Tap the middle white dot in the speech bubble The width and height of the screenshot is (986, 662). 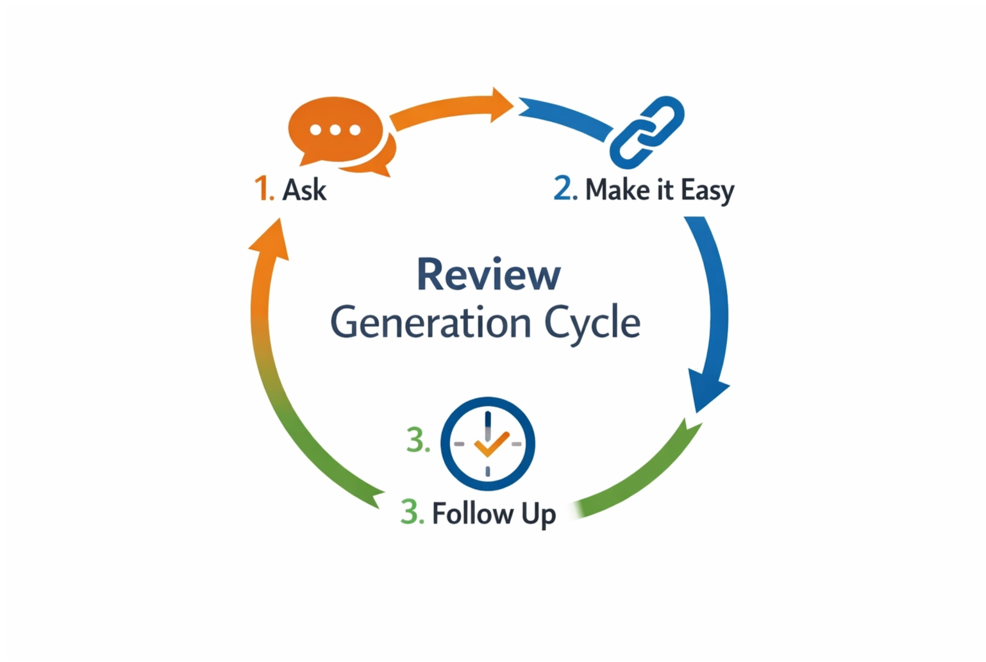(x=335, y=130)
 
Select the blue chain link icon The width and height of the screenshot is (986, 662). (x=646, y=131)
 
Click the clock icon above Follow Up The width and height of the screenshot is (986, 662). (x=488, y=443)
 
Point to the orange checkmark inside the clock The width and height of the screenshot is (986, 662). (x=490, y=444)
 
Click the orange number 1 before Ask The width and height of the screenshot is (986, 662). (x=263, y=189)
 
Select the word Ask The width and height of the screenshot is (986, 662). (x=305, y=190)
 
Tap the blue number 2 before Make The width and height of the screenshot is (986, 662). (x=564, y=189)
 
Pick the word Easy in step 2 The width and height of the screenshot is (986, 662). (x=707, y=192)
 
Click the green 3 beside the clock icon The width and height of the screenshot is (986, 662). (x=417, y=441)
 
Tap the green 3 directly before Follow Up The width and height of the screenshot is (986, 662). (x=412, y=513)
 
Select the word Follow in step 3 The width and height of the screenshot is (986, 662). (x=472, y=513)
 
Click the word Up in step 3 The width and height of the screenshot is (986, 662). (x=538, y=515)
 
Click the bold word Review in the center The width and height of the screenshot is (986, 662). (x=489, y=275)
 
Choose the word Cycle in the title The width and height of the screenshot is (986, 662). (x=592, y=324)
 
